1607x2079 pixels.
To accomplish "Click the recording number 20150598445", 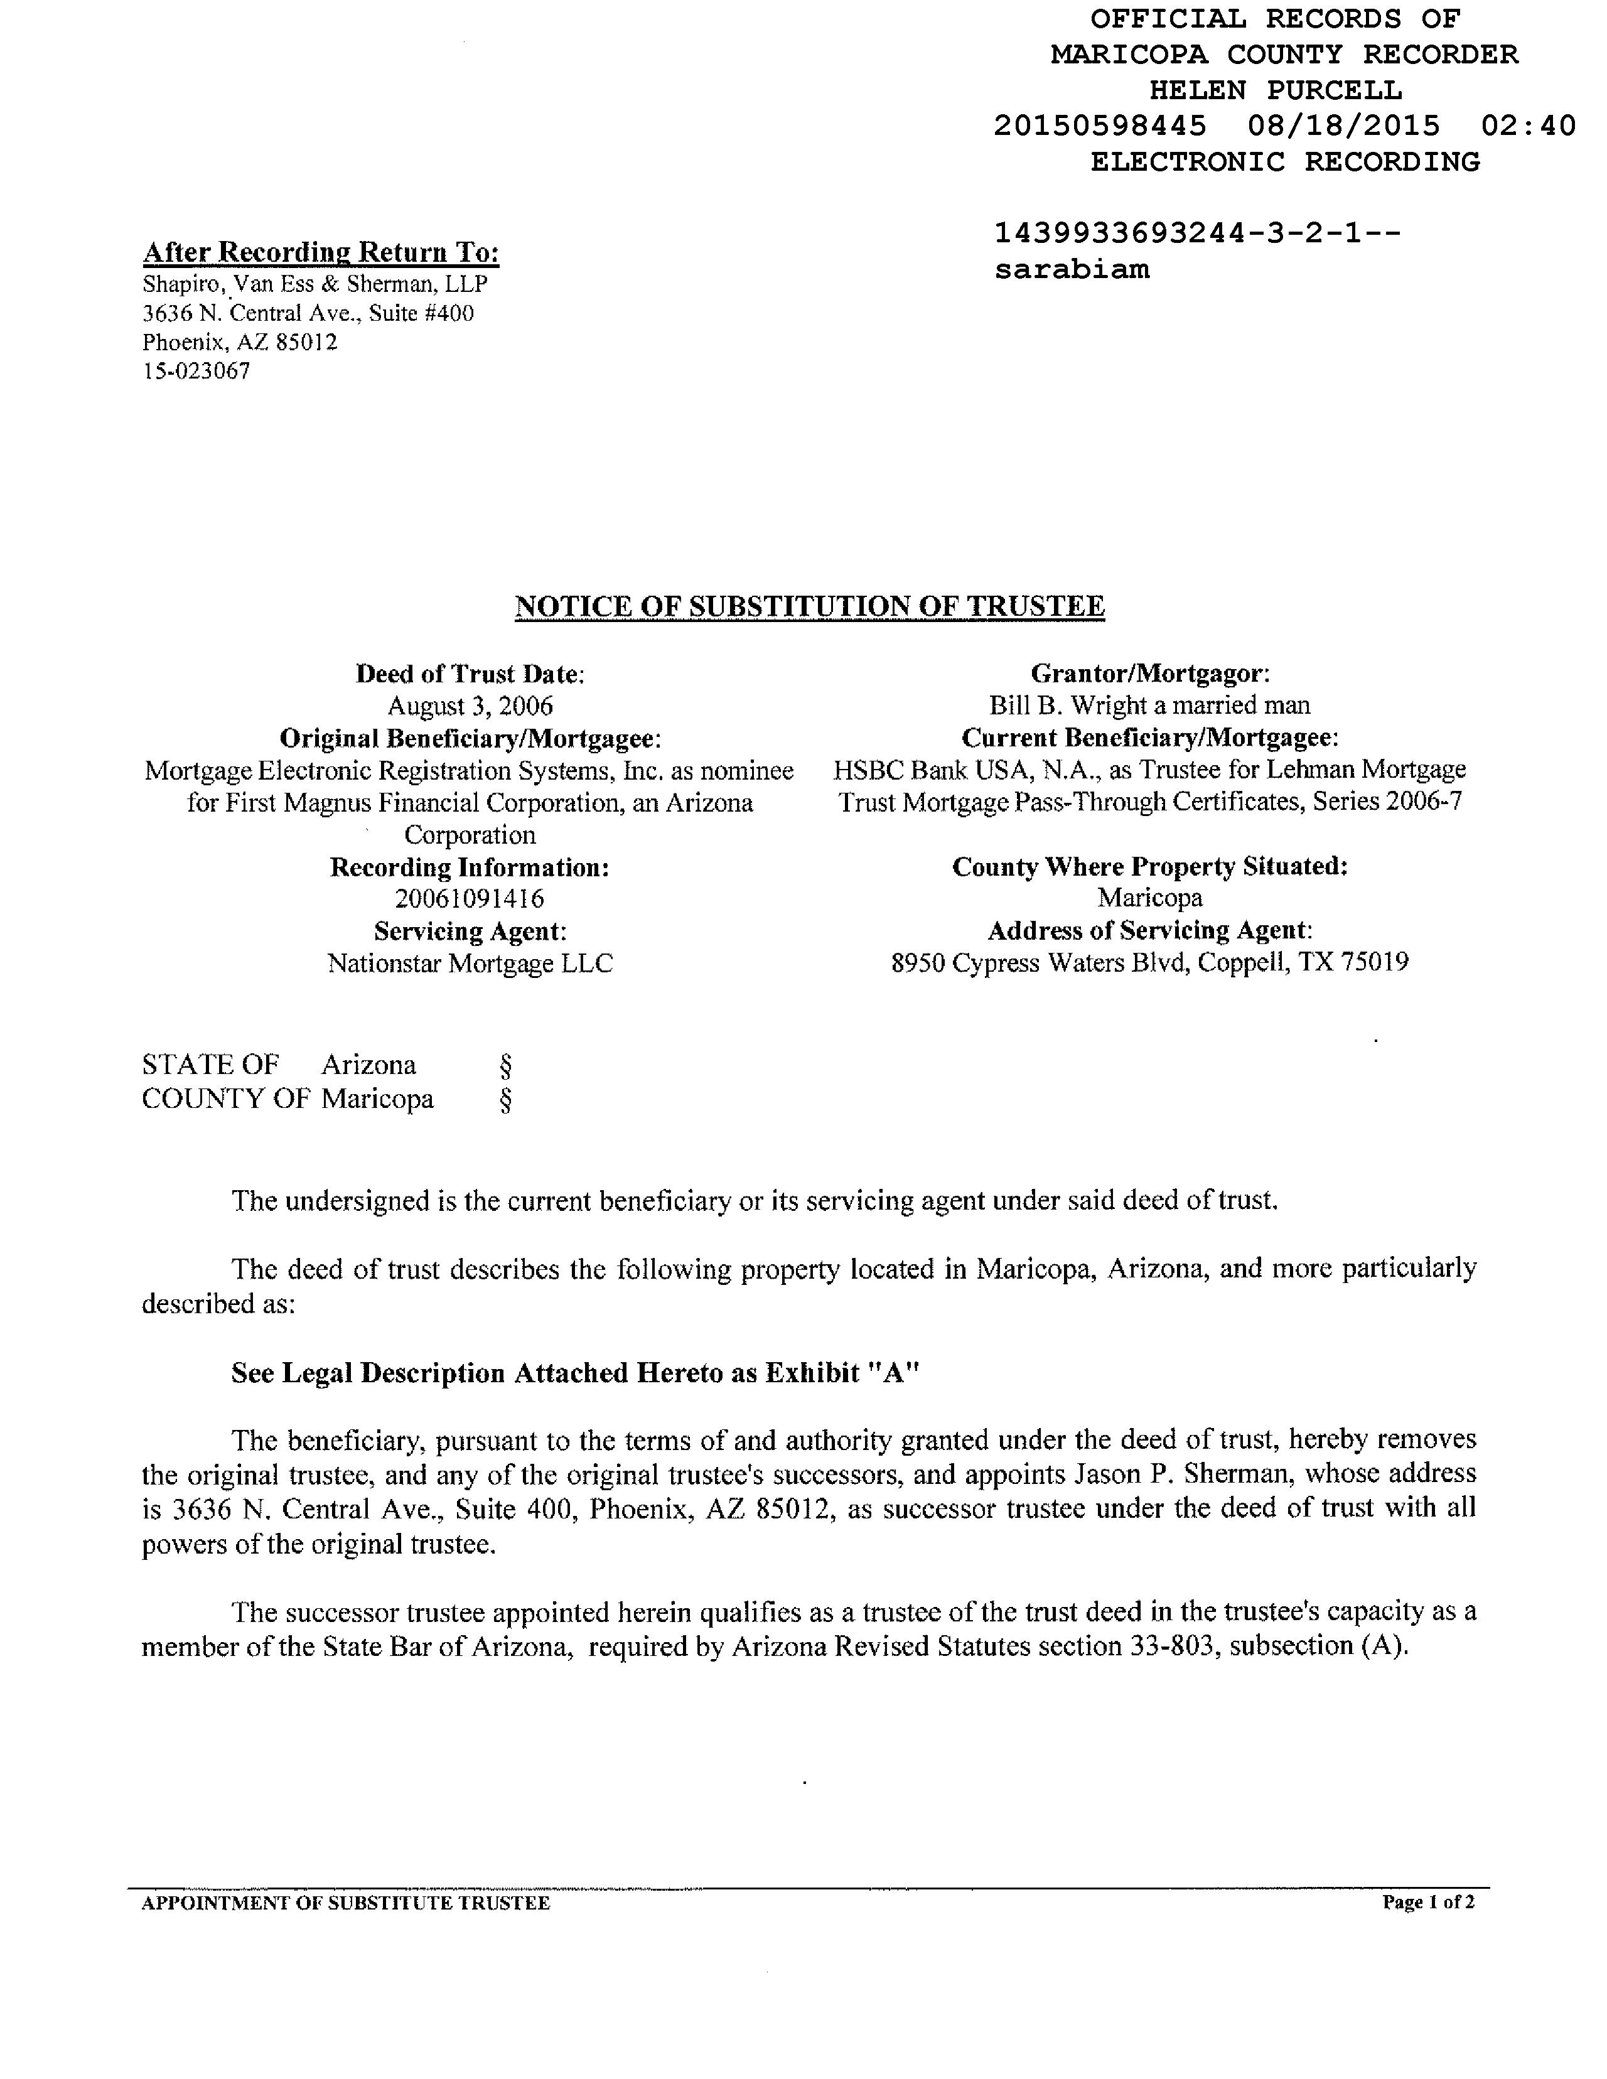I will coord(1100,126).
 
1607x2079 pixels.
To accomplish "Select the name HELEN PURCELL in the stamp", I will coord(1276,90).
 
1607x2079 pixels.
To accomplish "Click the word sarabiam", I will coord(1072,269).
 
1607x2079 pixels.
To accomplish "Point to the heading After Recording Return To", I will coord(321,252).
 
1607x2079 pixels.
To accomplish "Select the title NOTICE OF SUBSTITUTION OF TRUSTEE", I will coord(809,606).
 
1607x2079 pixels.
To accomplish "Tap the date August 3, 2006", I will coord(470,706).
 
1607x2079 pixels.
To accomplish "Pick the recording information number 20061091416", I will coord(470,899).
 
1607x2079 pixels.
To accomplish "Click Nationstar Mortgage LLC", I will coord(470,964).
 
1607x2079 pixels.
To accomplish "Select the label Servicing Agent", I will coord(470,931).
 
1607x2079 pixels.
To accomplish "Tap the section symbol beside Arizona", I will coord(505,1064).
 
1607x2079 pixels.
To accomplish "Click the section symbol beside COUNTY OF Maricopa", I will coord(505,1100).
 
